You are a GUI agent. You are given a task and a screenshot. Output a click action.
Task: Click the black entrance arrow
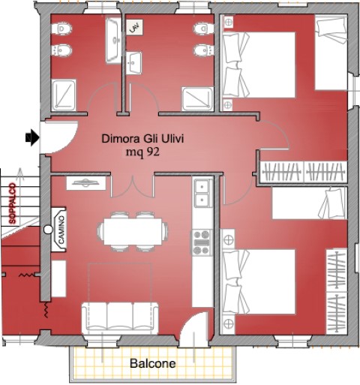(x=32, y=137)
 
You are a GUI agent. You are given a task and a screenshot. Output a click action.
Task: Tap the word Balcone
(x=153, y=363)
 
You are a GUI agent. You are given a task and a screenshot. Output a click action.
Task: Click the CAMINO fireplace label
(x=61, y=230)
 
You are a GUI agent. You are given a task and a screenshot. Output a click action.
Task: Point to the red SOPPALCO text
(x=12, y=203)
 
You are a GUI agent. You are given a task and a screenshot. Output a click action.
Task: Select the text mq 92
(x=142, y=152)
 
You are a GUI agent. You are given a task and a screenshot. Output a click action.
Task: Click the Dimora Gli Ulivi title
(x=142, y=139)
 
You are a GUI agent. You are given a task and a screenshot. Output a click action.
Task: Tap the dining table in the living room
(x=133, y=231)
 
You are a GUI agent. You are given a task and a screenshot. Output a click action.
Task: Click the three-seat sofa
(x=120, y=318)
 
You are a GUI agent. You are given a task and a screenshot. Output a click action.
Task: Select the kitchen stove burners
(x=202, y=242)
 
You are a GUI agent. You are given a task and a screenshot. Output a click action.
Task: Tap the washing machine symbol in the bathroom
(x=134, y=27)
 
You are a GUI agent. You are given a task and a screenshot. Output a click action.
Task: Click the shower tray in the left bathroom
(x=64, y=95)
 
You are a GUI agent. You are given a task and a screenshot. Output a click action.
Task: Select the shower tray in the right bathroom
(x=197, y=99)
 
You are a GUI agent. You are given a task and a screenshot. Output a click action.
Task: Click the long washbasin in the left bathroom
(x=113, y=40)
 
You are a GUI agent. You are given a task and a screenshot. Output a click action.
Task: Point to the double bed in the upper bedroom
(x=259, y=65)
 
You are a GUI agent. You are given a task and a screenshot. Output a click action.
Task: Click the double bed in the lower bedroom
(x=259, y=281)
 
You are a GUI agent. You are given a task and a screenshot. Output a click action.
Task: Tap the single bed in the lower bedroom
(x=310, y=203)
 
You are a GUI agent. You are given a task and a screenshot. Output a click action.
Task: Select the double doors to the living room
(x=133, y=186)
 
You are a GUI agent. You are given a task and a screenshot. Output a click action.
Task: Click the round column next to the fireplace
(x=48, y=230)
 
